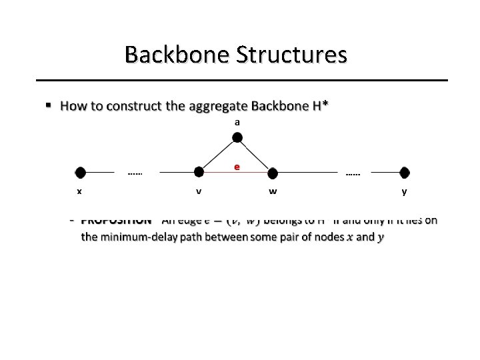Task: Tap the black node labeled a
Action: [x=237, y=138]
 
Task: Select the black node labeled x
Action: [x=81, y=173]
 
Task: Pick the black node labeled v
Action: [x=199, y=172]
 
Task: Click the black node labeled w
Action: [x=272, y=173]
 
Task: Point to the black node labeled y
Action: [x=404, y=173]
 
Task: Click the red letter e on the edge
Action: [x=237, y=167]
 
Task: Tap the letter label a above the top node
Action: [x=237, y=123]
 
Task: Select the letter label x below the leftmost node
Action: [x=79, y=192]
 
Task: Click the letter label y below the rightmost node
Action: [x=404, y=192]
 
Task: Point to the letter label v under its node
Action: [x=199, y=192]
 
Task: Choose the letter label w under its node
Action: [x=273, y=192]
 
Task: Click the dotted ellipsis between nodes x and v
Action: [x=135, y=175]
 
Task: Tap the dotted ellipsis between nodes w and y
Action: [x=353, y=175]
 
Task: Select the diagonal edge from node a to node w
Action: [x=254, y=155]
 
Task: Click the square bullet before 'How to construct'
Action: [x=48, y=106]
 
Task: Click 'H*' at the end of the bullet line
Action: [x=321, y=106]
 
